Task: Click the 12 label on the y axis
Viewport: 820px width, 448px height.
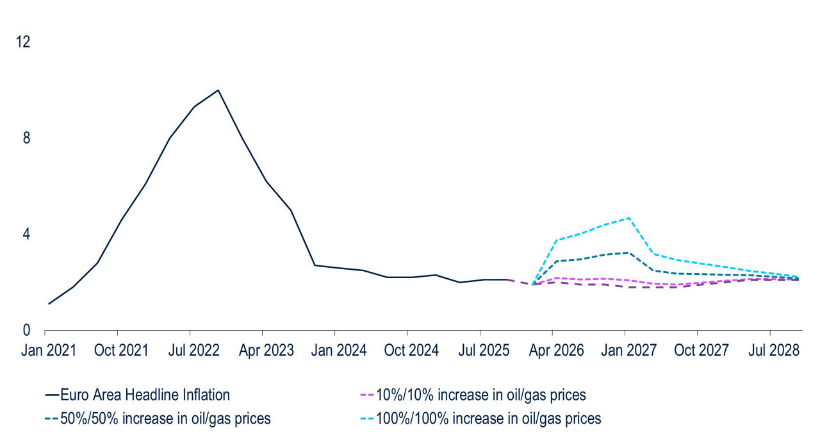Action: pos(23,42)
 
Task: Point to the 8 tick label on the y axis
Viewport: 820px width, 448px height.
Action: pos(26,138)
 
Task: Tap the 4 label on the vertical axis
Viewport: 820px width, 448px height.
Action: pos(26,235)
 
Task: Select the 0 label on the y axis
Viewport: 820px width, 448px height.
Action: pos(26,331)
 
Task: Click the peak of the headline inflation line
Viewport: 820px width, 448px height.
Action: pos(218,90)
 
